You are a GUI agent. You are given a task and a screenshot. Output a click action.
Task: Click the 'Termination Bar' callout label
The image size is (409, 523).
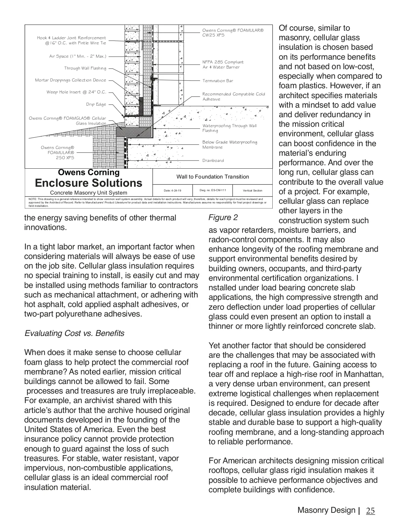[x=218, y=81]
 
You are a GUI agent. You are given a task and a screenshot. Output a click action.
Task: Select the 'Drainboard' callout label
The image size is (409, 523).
[x=213, y=160]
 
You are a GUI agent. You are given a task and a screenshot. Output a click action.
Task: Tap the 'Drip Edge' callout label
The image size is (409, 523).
[x=96, y=104]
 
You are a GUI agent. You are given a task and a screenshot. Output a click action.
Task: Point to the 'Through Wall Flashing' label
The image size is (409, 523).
[x=85, y=68]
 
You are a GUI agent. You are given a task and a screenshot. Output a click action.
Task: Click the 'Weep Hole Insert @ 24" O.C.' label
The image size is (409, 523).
[x=76, y=92]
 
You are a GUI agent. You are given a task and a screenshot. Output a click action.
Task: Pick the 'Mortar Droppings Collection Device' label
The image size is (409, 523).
[x=71, y=80]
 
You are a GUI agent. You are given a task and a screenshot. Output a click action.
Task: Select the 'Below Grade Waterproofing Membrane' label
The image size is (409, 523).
[x=230, y=144]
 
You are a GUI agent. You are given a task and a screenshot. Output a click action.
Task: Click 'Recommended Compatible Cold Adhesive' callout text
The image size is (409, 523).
[x=233, y=96]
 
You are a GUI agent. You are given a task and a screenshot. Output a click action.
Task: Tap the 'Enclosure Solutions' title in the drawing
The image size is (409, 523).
[x=89, y=183]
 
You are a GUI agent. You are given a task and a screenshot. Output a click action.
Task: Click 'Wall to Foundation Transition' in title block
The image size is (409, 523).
[x=213, y=176]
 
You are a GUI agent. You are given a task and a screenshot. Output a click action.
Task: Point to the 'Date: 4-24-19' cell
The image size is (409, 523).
[x=172, y=190]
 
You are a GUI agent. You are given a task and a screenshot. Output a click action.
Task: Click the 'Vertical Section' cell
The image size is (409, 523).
[x=253, y=190]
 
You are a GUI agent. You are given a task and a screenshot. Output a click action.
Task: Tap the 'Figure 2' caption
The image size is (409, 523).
[x=223, y=217]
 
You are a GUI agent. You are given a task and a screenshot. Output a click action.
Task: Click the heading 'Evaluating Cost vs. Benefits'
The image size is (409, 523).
[x=74, y=333]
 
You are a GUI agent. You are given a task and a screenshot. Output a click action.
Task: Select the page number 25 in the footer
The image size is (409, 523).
[x=370, y=511]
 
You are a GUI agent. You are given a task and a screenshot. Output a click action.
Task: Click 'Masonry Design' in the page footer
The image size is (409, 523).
[x=326, y=510]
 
